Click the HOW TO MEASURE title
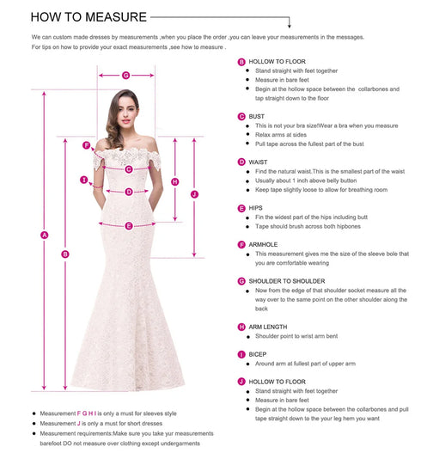point(76,16)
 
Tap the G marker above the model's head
point(125,75)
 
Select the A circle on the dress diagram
point(44,233)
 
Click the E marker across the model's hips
point(128,225)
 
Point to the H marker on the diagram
point(174,181)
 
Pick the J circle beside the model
point(194,194)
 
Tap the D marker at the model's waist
point(128,192)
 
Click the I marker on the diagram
point(84,180)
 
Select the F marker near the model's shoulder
point(86,144)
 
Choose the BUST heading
point(257,115)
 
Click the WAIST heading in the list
point(259,161)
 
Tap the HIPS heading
point(257,207)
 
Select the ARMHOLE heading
point(264,244)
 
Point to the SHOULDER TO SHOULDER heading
point(286,280)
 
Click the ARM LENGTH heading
point(269,327)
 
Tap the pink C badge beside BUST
point(241,115)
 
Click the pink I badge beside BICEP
point(241,353)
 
